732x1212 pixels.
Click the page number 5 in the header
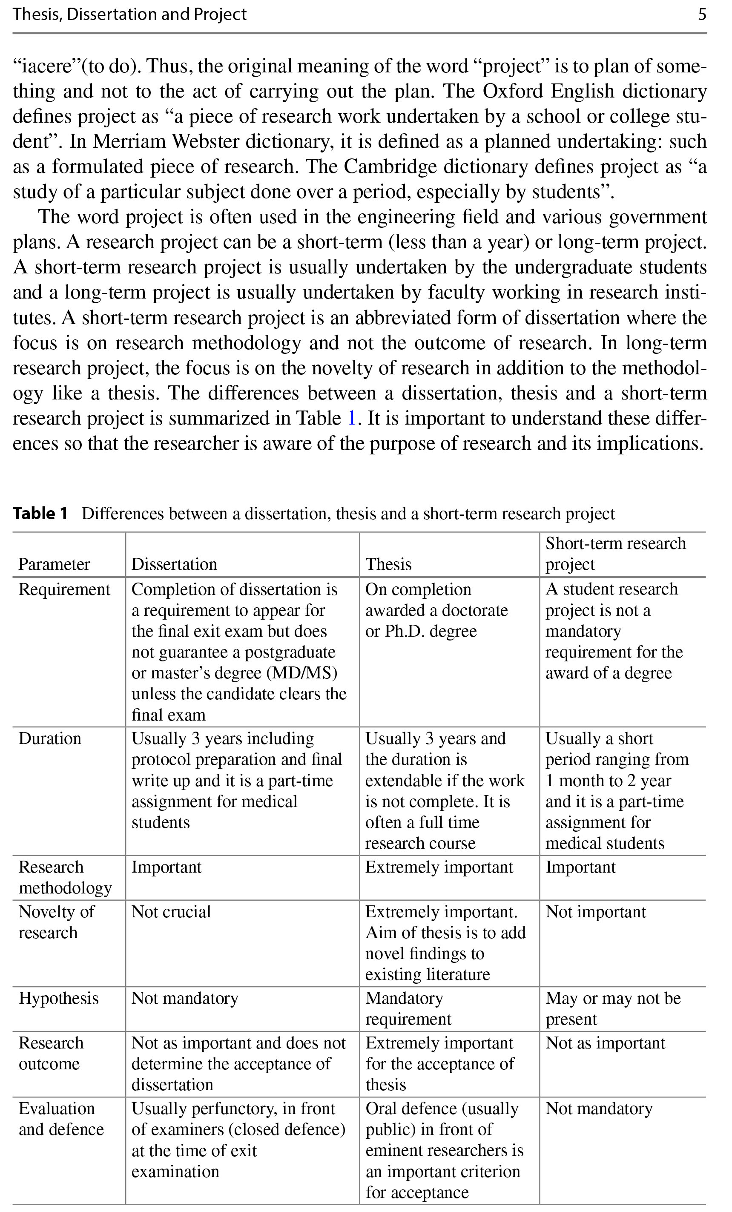pos(702,14)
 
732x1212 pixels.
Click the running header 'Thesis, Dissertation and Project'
pos(129,14)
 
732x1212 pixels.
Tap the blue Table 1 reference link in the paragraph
pos(351,418)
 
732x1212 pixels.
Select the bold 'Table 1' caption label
pos(40,513)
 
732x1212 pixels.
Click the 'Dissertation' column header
pos(174,564)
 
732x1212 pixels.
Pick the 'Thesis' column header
pos(388,564)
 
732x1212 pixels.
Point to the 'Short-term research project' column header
pos(615,553)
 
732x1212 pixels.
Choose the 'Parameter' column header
pos(54,564)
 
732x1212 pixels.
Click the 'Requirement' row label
pos(64,589)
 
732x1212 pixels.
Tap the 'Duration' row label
pos(50,738)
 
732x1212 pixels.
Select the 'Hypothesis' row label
pos(58,998)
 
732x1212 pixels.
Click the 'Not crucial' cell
pos(171,911)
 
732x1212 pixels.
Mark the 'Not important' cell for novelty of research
pos(595,911)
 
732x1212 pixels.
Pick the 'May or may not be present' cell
pos(612,1008)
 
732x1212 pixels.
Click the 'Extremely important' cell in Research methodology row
pos(439,867)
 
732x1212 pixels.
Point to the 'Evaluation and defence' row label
pos(61,1119)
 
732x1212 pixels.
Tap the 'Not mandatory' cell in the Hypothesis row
pos(185,998)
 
